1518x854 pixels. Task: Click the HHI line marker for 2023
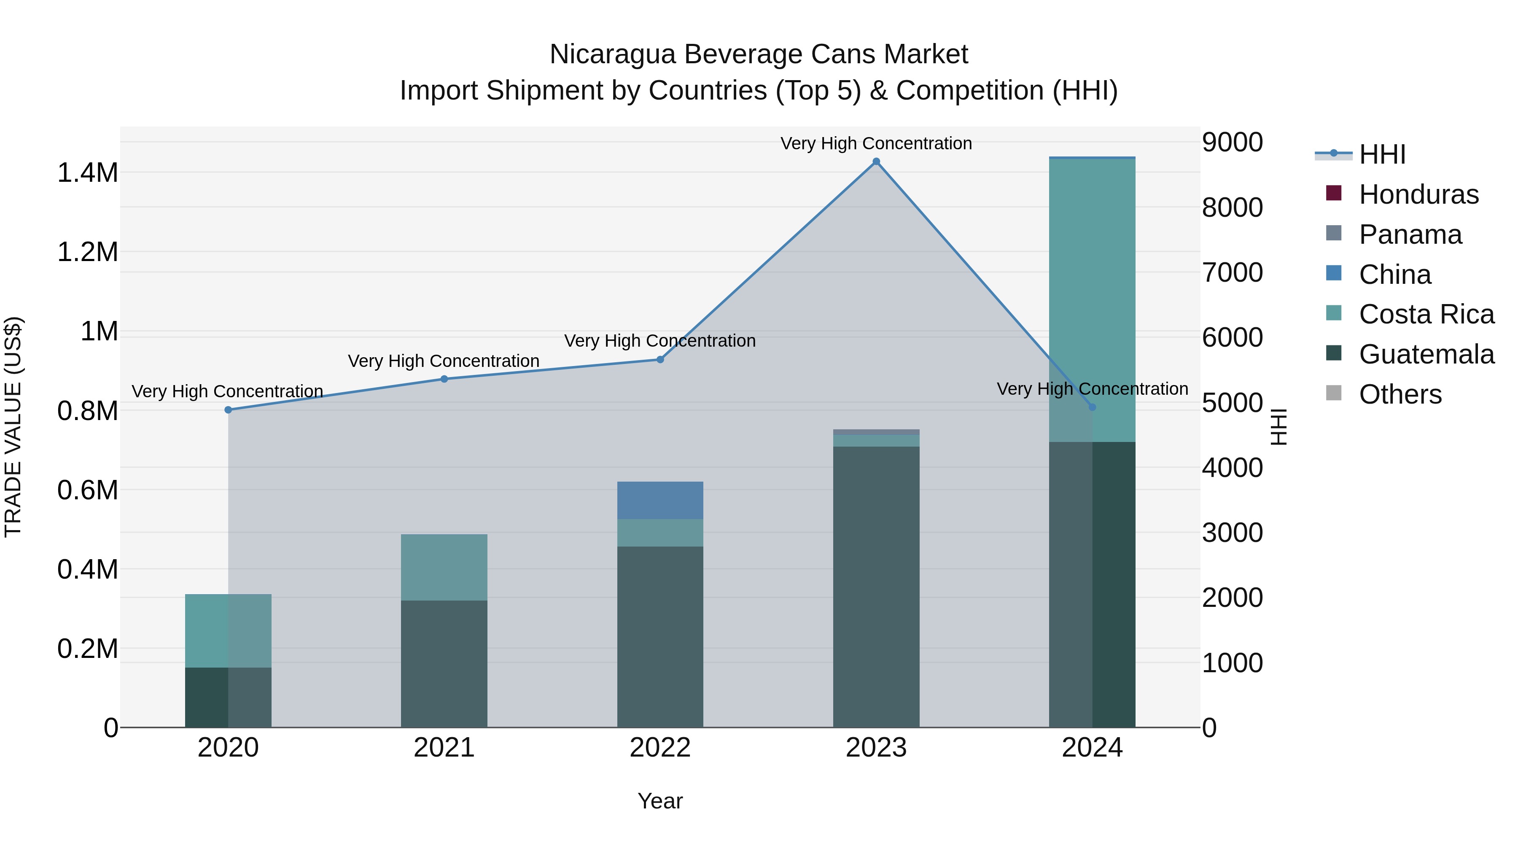click(x=876, y=162)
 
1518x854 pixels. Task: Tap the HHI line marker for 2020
click(x=228, y=409)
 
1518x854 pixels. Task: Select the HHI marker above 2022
click(x=660, y=359)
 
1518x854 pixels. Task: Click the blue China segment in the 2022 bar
click(x=660, y=500)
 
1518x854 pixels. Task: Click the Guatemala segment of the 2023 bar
click(x=876, y=587)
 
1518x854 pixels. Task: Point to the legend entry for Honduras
click(x=1418, y=194)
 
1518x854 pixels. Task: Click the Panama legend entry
click(x=1410, y=234)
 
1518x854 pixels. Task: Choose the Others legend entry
click(x=1400, y=394)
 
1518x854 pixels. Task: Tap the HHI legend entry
click(x=1382, y=154)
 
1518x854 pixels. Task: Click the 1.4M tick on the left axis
click(x=87, y=172)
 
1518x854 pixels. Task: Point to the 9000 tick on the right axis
click(x=1232, y=142)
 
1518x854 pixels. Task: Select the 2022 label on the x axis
click(x=660, y=748)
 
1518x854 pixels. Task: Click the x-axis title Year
click(x=660, y=801)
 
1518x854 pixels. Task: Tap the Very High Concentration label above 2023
click(x=876, y=143)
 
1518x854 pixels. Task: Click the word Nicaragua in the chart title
click(x=612, y=54)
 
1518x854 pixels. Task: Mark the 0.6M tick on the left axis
click(x=87, y=490)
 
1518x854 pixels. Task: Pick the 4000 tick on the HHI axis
click(x=1232, y=468)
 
